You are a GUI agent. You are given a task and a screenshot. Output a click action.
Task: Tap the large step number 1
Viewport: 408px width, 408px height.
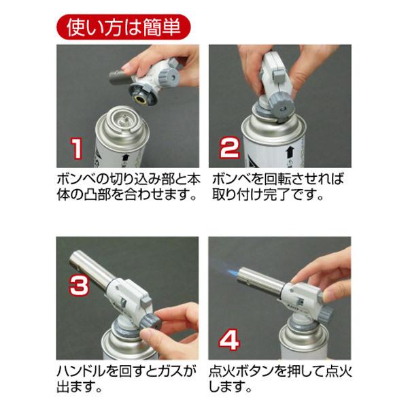pyautogui.click(x=77, y=147)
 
